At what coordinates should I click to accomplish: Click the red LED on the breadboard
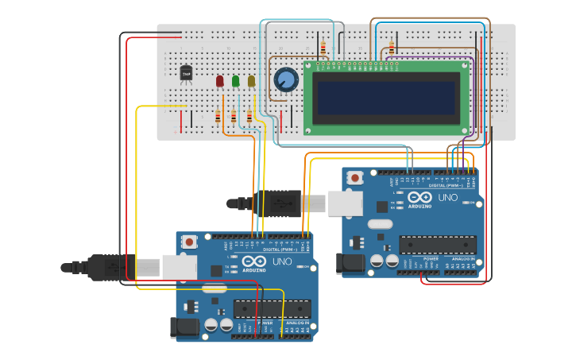click(220, 81)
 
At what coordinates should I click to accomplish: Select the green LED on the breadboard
click(236, 80)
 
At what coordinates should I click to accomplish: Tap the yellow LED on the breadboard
click(252, 80)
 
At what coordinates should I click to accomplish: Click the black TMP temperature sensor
click(187, 74)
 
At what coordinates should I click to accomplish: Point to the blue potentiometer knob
click(286, 79)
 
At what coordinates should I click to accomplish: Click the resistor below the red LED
click(218, 118)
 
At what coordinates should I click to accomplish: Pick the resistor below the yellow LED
click(249, 118)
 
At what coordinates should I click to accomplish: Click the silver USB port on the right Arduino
click(346, 204)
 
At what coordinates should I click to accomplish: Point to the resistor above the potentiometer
click(323, 44)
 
